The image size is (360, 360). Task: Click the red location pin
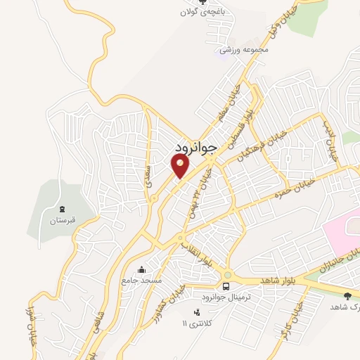coord(180,166)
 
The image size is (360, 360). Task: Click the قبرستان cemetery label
coord(60,220)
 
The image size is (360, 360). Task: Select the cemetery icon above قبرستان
coord(61,209)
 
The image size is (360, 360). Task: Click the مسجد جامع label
coord(141,280)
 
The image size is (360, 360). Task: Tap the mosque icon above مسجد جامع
coord(142,269)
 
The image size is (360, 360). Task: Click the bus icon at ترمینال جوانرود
coord(226,286)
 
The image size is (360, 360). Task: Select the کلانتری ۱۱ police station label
coord(195,323)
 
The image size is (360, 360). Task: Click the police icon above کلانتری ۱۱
coord(196,312)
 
